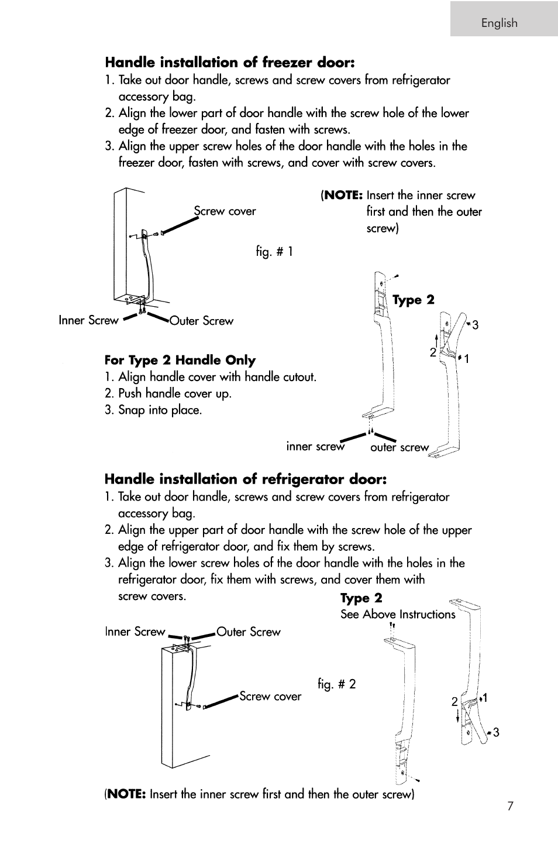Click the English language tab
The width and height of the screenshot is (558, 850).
click(500, 23)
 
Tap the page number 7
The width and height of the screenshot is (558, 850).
click(510, 806)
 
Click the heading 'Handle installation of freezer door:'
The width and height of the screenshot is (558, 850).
click(230, 62)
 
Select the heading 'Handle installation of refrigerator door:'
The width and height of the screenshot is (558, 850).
click(246, 479)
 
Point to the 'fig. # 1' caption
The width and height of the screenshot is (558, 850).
click(274, 252)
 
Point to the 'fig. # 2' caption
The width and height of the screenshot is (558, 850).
click(336, 684)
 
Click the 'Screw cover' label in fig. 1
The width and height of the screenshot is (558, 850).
click(225, 211)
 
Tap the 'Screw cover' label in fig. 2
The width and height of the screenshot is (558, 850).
click(270, 696)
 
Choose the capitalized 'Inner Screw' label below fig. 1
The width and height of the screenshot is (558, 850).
click(88, 320)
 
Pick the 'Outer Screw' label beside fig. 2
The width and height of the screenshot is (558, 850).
click(249, 632)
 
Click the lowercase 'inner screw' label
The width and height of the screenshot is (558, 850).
click(315, 446)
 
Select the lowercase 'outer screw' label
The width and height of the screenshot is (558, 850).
click(399, 447)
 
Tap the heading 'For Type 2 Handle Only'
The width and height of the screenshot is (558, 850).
click(180, 360)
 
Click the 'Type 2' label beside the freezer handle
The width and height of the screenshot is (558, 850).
click(414, 300)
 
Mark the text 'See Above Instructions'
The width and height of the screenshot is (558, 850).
click(398, 614)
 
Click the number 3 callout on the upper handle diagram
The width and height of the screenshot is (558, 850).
click(475, 325)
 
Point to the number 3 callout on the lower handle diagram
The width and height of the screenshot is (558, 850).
click(495, 732)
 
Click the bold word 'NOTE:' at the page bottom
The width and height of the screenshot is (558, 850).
click(126, 794)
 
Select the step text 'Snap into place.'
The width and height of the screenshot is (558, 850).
click(160, 410)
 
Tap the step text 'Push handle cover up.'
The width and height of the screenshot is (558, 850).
click(175, 393)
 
